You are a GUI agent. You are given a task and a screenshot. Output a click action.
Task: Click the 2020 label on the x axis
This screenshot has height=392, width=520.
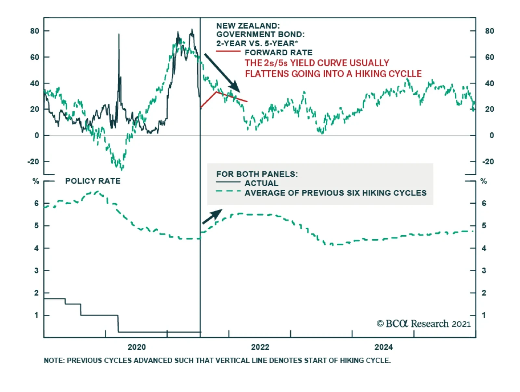(x=136, y=347)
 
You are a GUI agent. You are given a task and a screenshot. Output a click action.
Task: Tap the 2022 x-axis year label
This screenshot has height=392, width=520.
(x=260, y=347)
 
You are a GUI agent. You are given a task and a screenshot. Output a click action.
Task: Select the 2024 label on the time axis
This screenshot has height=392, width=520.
(x=383, y=347)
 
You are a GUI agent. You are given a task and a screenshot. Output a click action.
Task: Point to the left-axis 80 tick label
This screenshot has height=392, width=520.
(x=34, y=31)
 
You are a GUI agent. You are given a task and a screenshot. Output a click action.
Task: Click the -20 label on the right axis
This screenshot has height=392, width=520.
(x=488, y=162)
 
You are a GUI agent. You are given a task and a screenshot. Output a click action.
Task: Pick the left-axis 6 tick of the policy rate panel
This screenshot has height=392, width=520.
(x=36, y=203)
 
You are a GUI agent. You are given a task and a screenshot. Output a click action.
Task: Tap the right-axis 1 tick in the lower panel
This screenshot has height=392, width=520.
(x=484, y=315)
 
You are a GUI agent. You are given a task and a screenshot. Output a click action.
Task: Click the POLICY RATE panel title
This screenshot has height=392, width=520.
(x=93, y=181)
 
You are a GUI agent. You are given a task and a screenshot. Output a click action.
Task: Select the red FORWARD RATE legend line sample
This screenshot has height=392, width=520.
(x=228, y=51)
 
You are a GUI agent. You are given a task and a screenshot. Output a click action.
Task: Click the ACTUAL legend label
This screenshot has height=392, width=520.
(x=261, y=183)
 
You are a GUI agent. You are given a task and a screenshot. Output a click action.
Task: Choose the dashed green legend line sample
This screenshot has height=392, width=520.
(x=228, y=191)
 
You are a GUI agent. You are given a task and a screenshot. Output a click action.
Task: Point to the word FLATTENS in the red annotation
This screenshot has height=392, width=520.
(x=266, y=74)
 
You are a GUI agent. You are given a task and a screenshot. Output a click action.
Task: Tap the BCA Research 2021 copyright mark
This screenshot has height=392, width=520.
(x=423, y=324)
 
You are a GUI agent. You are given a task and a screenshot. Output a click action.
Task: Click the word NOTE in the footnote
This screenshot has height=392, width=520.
(x=53, y=360)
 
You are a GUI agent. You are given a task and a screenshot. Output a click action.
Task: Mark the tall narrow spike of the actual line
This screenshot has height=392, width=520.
(x=119, y=34)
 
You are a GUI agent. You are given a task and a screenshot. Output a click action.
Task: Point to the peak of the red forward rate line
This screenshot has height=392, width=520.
(x=216, y=92)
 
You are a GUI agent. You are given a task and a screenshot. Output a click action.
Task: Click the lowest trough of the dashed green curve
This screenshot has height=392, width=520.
(x=122, y=169)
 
